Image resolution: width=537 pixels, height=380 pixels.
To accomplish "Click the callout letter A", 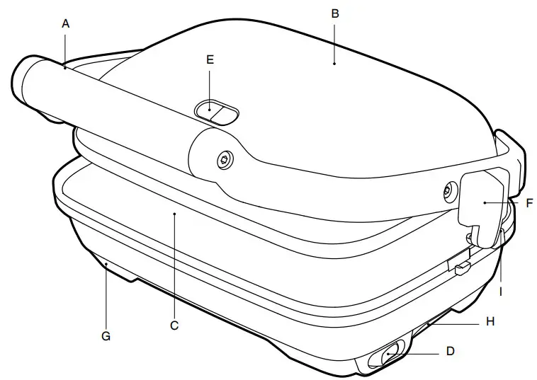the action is click(65, 24).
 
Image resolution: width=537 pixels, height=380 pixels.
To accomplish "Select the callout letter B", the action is click(335, 13).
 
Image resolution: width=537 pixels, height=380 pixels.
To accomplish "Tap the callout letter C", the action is click(174, 326).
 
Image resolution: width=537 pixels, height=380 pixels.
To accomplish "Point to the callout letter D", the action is click(451, 351).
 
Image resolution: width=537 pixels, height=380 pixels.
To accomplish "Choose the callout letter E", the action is click(210, 60).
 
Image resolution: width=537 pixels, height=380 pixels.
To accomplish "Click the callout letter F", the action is click(529, 203).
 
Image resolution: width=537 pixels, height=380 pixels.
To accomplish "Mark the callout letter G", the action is click(106, 336).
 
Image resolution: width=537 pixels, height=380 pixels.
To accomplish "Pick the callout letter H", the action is click(490, 321).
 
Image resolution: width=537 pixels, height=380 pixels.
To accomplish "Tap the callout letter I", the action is click(501, 292).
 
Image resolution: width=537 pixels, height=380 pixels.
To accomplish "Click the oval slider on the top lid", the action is click(217, 112).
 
